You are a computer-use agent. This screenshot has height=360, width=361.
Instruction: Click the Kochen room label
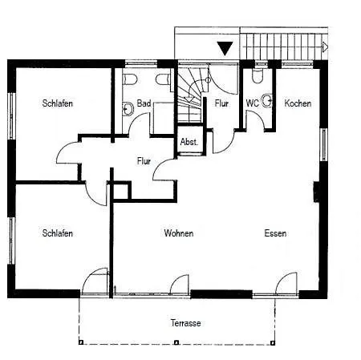[x=298, y=103]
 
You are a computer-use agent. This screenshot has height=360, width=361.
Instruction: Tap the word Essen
[x=275, y=233]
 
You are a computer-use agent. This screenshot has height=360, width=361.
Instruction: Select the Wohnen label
[x=179, y=233]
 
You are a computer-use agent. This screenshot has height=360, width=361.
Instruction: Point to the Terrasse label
[x=186, y=323]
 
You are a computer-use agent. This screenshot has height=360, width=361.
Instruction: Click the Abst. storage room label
[x=189, y=142]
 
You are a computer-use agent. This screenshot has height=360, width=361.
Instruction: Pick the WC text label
[x=252, y=103]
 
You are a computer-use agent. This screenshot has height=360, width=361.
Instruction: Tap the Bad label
[x=144, y=103]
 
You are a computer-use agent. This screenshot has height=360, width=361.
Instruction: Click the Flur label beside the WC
[x=221, y=103]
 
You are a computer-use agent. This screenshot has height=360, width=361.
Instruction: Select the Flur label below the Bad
[x=144, y=161]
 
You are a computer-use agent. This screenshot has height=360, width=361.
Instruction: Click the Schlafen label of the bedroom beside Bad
[x=58, y=103]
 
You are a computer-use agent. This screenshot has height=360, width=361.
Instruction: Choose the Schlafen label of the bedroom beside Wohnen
[x=58, y=233]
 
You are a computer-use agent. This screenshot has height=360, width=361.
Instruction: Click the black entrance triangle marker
[x=225, y=49]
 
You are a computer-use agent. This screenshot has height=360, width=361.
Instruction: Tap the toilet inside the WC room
[x=258, y=76]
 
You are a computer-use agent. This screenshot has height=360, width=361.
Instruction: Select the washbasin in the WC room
[x=267, y=101]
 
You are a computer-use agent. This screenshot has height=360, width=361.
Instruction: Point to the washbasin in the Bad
[x=128, y=109]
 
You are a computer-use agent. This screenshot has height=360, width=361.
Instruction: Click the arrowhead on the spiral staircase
[x=189, y=99]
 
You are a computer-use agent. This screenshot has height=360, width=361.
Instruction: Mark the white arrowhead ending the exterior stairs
[x=325, y=47]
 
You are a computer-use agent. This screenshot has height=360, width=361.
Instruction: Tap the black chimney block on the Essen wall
[x=316, y=192]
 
